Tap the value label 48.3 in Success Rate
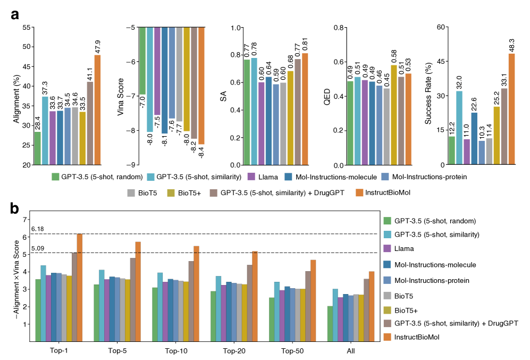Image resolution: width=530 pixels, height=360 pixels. click(x=512, y=45)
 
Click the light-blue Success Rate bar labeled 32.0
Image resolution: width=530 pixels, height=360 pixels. click(x=459, y=128)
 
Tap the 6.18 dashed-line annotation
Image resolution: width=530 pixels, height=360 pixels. click(x=37, y=229)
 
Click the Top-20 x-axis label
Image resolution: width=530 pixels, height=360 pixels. click(x=234, y=351)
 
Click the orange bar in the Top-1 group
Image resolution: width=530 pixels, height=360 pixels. click(x=80, y=287)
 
